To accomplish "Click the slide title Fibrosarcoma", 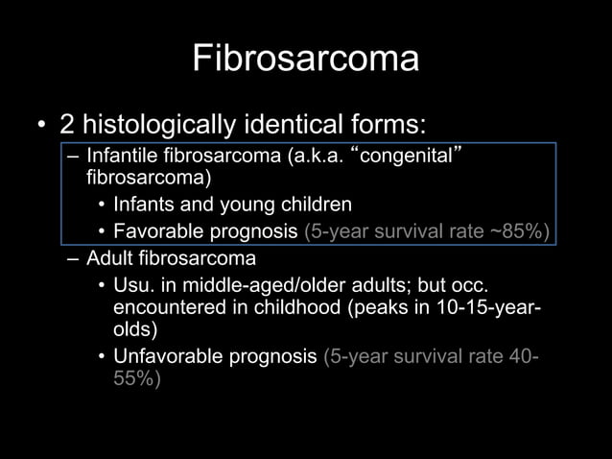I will click(x=305, y=59).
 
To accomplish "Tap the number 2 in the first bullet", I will click(x=67, y=125).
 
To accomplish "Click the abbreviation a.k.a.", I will click(x=313, y=156).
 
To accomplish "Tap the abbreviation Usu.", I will click(x=131, y=285).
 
